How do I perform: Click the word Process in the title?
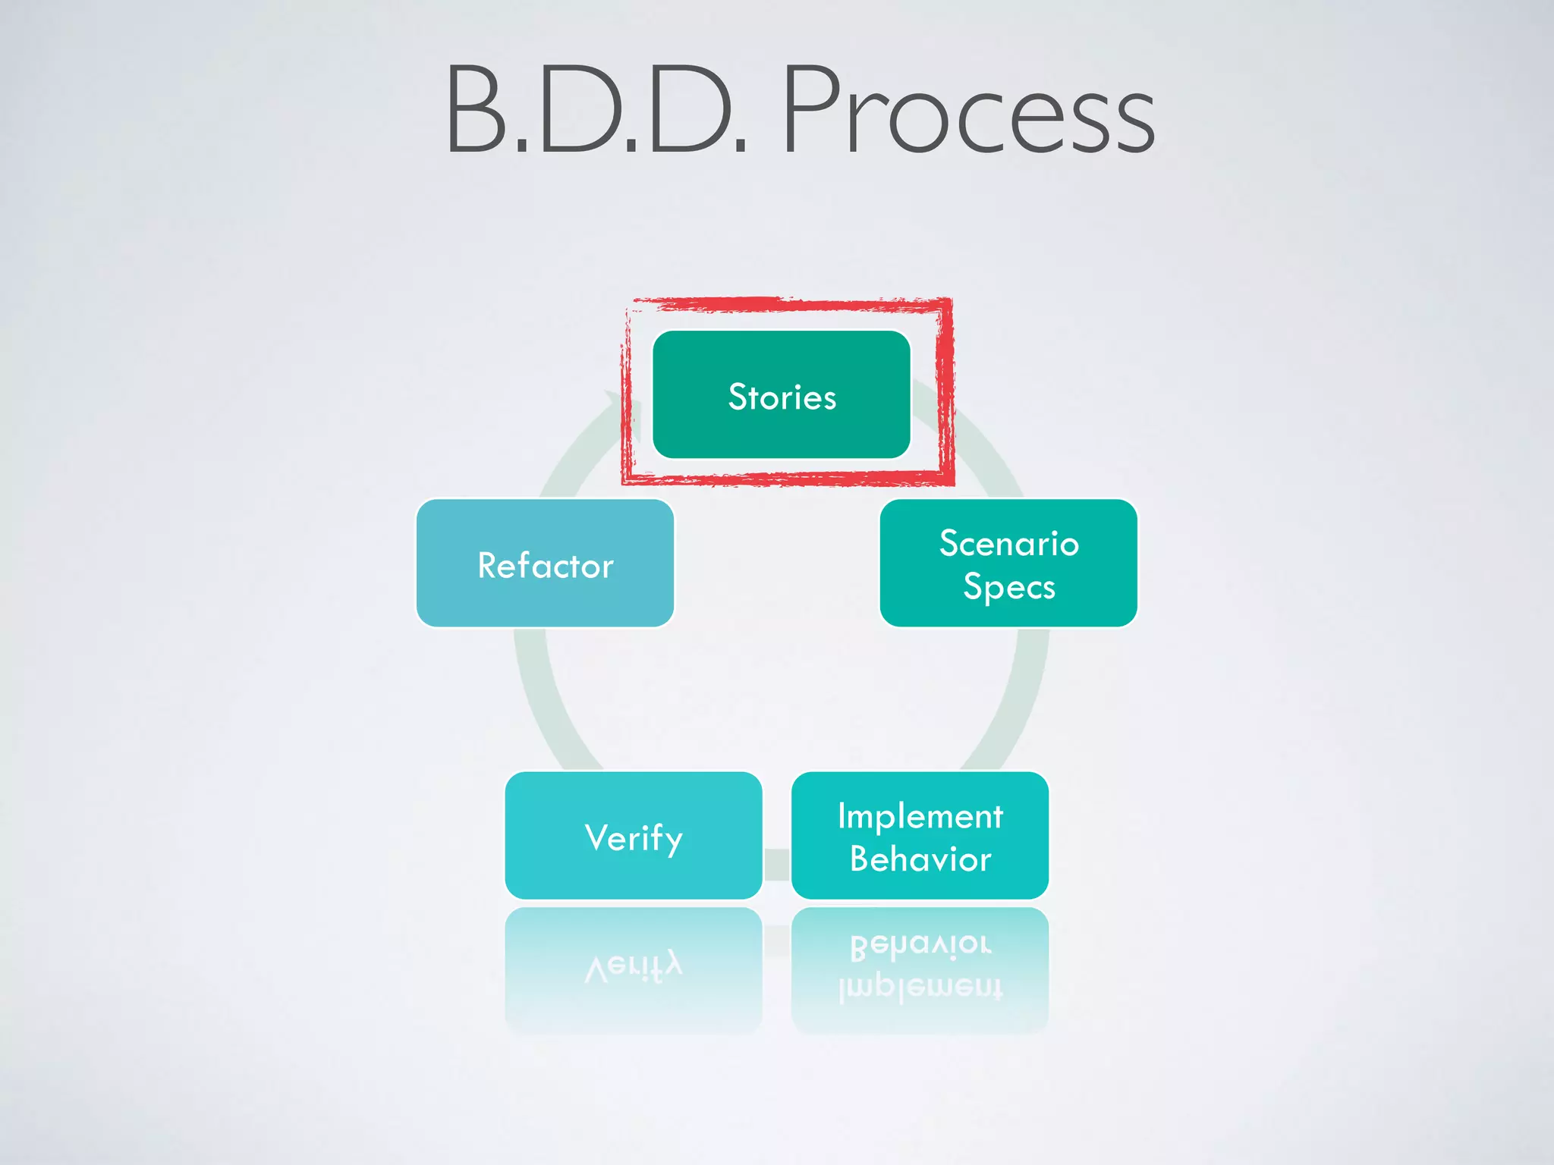(967, 110)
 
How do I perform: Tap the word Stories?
(782, 397)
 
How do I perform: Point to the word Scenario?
(1008, 543)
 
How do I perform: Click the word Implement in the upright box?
(920, 816)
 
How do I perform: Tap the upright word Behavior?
(920, 859)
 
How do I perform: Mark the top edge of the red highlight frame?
(789, 305)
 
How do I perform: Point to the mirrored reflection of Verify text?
(634, 967)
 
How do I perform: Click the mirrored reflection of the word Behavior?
(920, 945)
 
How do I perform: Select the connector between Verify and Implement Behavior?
(777, 865)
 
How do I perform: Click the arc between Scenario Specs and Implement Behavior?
(1013, 698)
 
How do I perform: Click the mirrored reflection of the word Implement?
(920, 988)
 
